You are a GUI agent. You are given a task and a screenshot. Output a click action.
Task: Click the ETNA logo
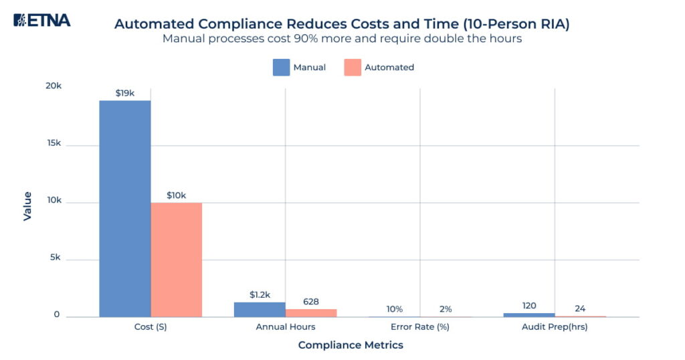coord(41,20)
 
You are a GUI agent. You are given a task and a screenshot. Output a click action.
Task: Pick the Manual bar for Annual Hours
coord(260,310)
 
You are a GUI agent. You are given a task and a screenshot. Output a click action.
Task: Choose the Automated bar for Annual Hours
coord(311,313)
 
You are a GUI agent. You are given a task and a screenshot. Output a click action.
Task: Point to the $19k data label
coord(125,93)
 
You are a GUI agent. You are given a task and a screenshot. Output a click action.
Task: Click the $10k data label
coord(176,195)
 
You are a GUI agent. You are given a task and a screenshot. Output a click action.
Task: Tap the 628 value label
coord(311,302)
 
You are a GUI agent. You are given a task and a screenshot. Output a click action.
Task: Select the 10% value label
coord(395,309)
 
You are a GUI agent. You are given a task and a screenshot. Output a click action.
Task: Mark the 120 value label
coord(529,306)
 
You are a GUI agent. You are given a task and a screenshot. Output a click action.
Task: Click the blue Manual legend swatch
coord(281,68)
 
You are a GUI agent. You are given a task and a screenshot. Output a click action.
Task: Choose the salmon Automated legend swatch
coord(353,68)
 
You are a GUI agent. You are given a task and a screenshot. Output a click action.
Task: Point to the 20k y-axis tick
coord(53,86)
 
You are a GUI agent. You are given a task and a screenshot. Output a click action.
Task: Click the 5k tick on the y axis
coord(54,258)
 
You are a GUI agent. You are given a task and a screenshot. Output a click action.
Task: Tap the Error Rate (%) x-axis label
coord(420,328)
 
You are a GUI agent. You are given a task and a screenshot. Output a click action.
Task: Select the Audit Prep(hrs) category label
coord(555,328)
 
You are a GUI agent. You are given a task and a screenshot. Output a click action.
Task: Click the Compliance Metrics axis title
coord(351,345)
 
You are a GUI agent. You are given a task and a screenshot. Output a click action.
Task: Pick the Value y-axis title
coord(27,206)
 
